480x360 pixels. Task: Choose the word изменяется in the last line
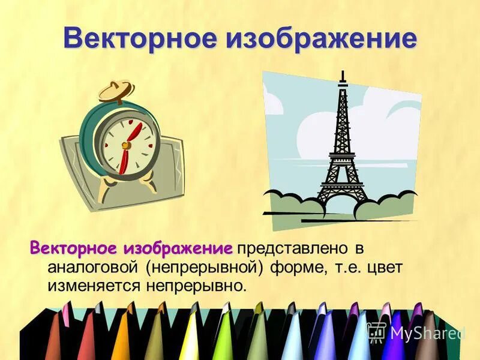point(92,285)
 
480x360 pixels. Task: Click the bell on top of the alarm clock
point(116,92)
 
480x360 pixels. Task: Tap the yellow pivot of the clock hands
point(125,145)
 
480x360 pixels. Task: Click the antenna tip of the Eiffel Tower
point(343,74)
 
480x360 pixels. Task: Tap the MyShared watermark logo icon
point(376,331)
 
